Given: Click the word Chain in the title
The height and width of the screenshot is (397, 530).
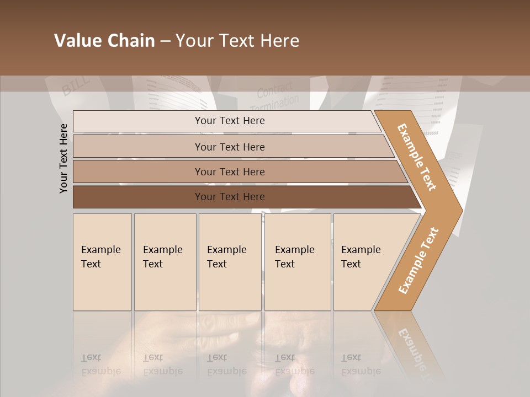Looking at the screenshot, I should pos(130,41).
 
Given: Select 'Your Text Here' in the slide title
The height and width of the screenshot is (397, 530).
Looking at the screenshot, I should pos(237,41).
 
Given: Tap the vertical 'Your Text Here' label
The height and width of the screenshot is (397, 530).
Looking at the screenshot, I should pos(63,159).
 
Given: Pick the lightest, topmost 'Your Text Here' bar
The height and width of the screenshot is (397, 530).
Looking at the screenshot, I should pos(230,121).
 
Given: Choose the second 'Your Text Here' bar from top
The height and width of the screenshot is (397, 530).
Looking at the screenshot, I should pos(230,147).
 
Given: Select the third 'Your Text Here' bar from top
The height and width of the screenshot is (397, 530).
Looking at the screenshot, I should pos(230,171).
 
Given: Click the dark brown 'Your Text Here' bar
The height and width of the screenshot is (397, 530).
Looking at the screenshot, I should pos(230,197).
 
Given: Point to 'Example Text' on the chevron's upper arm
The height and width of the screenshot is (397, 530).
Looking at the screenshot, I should pos(417,157).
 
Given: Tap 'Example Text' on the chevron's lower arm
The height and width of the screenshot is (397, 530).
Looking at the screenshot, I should pos(418,261).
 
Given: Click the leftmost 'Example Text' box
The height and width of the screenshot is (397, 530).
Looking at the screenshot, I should pos(102,262).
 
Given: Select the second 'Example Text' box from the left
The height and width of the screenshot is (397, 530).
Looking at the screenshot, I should pos(165,262).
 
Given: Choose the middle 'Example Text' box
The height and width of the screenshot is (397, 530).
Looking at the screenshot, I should pos(230,262).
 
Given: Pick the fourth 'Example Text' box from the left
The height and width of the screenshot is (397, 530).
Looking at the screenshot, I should pos(298,262).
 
